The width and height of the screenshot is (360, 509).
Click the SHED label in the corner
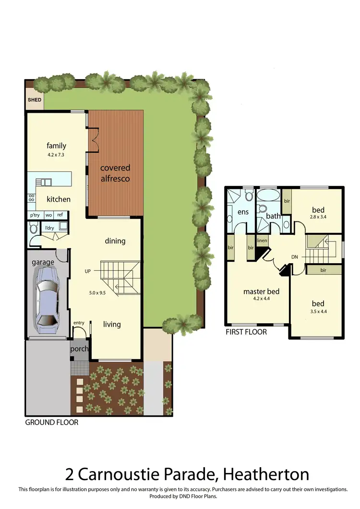(34, 100)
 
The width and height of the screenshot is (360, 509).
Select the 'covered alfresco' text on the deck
(115, 173)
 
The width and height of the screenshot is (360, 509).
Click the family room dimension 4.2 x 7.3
(56, 156)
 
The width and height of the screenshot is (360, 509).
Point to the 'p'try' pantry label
(35, 215)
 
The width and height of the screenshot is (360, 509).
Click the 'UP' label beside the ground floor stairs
(87, 271)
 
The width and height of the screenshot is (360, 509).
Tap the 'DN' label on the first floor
(295, 257)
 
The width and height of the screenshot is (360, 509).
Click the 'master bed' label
(261, 291)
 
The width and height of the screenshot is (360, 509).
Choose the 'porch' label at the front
(80, 349)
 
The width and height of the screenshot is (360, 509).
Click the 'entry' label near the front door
(79, 323)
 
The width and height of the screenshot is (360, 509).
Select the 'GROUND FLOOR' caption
(51, 423)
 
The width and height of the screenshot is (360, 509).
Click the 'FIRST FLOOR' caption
(246, 332)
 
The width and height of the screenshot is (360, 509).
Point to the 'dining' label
(115, 241)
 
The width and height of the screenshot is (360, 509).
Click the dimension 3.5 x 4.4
(318, 312)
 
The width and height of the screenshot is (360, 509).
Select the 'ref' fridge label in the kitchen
(60, 215)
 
